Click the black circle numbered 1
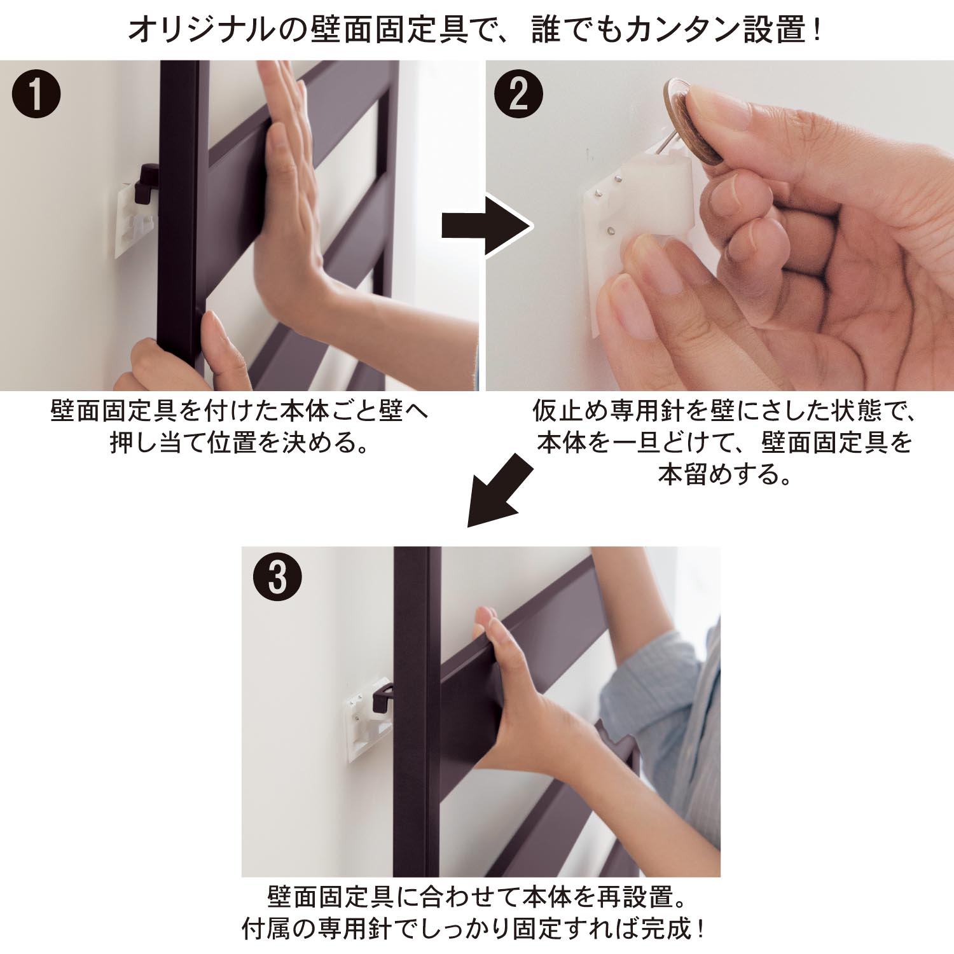(36, 94)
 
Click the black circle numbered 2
(518, 94)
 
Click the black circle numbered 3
(277, 577)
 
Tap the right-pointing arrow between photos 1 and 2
(487, 226)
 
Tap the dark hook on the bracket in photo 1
(147, 181)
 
